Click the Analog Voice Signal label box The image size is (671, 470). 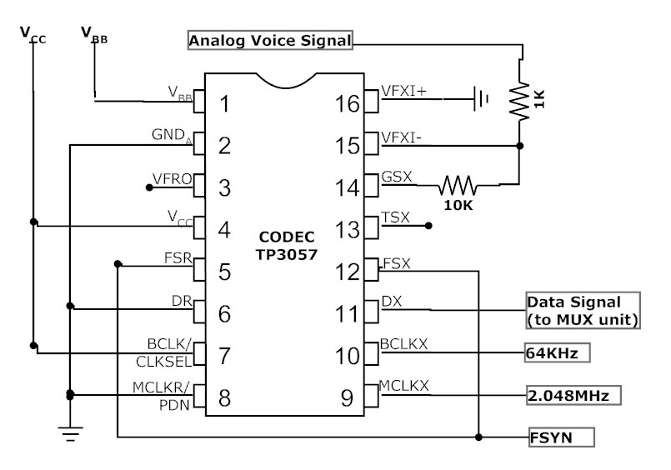[x=271, y=39]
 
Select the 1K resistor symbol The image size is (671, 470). [x=523, y=100]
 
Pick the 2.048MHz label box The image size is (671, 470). [x=573, y=395]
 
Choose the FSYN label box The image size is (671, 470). [x=561, y=437]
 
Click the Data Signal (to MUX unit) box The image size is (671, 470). [x=581, y=310]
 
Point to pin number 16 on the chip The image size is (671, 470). [x=348, y=104]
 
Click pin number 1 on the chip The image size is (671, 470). [x=223, y=104]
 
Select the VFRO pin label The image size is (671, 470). [x=171, y=177]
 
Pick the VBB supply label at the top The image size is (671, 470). [x=93, y=34]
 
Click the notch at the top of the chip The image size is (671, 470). [x=285, y=80]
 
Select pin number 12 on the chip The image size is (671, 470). [x=348, y=270]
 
